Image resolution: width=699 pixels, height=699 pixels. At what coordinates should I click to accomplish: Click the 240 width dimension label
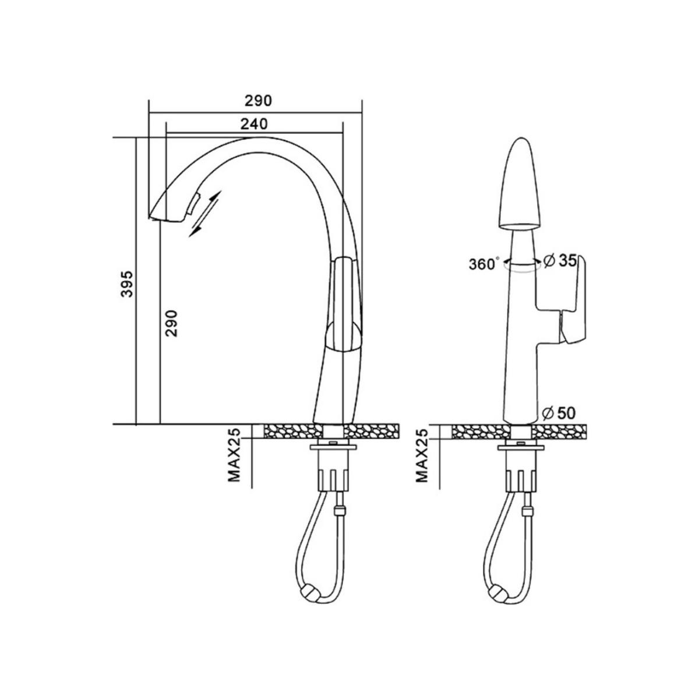[254, 124]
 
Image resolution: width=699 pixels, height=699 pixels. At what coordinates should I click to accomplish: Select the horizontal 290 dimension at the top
[258, 101]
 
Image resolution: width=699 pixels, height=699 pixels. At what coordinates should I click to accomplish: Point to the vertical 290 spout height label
[171, 323]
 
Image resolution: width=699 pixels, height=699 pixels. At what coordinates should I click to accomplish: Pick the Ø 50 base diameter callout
[559, 413]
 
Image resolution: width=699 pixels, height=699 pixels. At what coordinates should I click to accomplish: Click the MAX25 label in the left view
[235, 456]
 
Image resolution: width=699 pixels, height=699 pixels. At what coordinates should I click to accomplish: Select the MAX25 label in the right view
[422, 456]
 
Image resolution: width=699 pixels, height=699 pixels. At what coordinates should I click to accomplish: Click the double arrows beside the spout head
[205, 214]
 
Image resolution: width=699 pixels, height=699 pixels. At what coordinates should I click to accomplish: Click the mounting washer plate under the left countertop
[333, 447]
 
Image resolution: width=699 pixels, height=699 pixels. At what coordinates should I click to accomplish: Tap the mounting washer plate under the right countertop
[521, 447]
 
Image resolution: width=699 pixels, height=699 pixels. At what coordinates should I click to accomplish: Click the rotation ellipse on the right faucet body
[521, 267]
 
